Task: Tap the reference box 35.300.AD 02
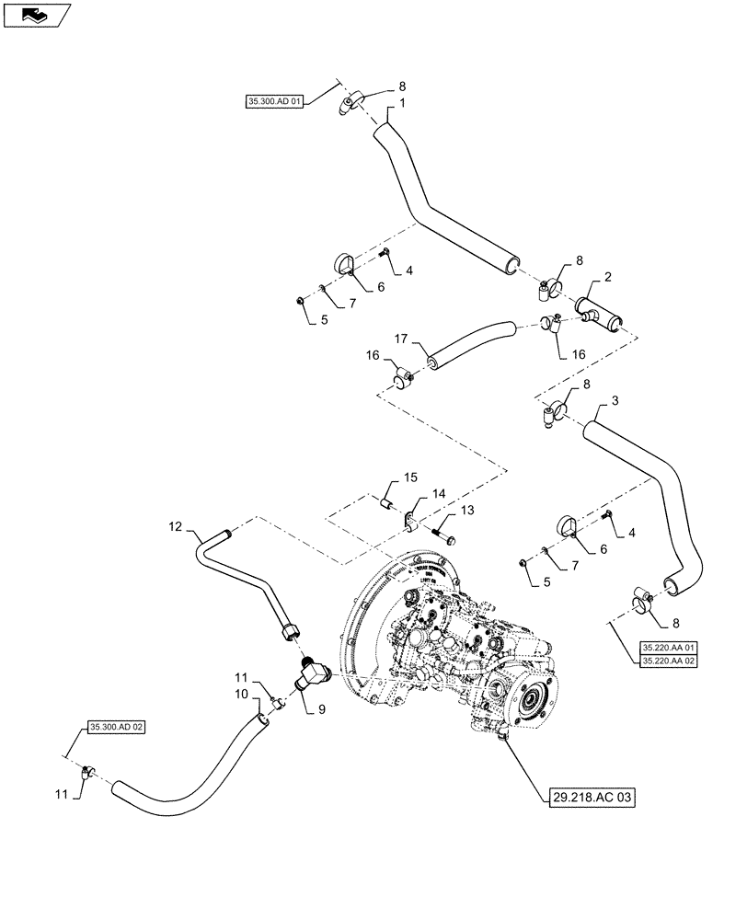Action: [x=117, y=727]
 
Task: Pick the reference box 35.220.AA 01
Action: [x=668, y=648]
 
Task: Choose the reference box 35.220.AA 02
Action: [x=668, y=661]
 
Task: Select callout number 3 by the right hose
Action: [x=615, y=401]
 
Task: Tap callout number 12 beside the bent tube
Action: [x=175, y=529]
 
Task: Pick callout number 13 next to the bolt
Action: [x=467, y=510]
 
